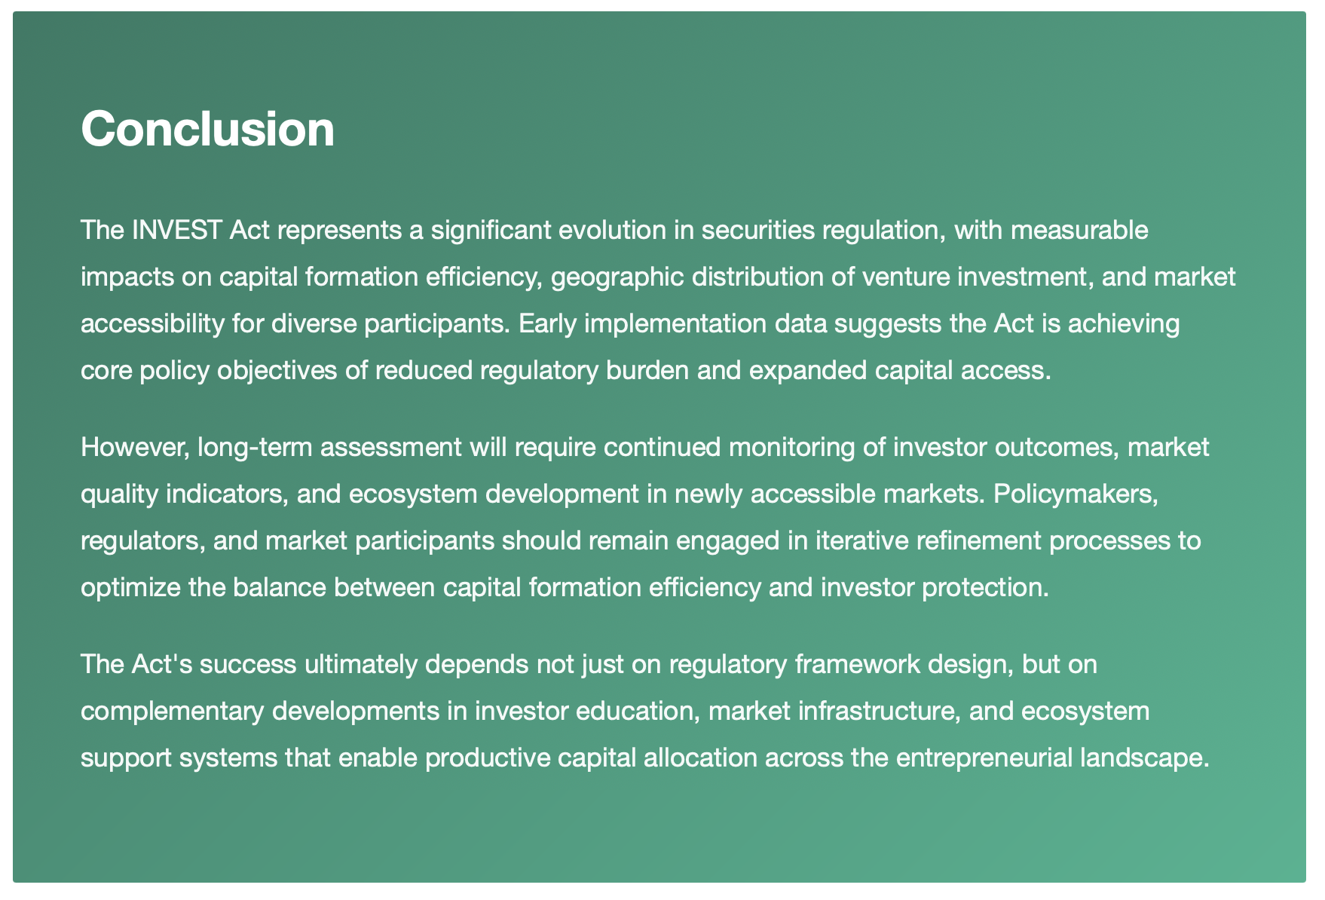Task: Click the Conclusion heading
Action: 207,129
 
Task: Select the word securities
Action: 758,230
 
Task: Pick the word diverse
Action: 313,323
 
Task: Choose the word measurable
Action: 1079,230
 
